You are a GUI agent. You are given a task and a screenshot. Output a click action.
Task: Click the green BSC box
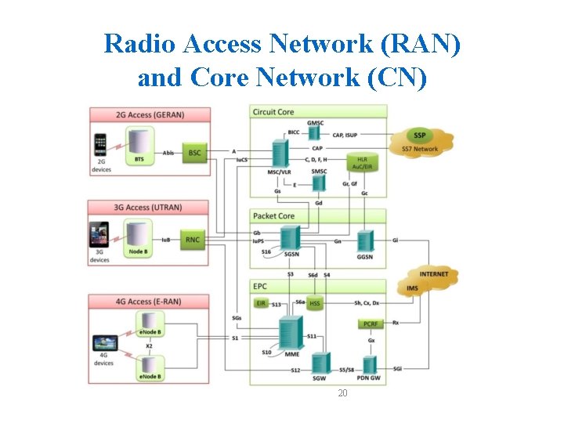click(194, 152)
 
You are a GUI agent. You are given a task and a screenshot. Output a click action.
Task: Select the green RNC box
click(193, 240)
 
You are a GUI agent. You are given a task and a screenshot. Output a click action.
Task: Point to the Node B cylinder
click(139, 237)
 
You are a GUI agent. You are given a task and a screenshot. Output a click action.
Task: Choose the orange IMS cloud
click(413, 289)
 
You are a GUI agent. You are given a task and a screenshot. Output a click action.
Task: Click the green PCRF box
click(371, 324)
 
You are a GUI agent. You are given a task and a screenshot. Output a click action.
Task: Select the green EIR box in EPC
click(261, 303)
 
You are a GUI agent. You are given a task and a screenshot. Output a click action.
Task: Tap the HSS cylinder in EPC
click(315, 303)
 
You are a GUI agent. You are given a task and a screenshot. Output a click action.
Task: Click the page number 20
click(342, 392)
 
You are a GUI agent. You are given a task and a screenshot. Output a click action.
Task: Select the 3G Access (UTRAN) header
click(148, 207)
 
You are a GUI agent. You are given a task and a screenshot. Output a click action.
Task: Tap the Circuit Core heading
click(273, 112)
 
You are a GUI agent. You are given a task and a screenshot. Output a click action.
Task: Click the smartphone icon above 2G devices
click(99, 146)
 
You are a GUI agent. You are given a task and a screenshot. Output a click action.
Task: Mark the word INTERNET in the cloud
click(433, 274)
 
